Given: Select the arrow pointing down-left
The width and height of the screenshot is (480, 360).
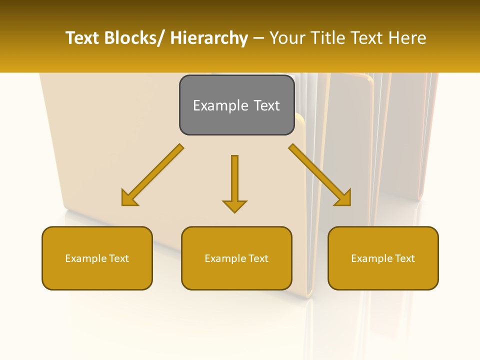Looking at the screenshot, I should (152, 175).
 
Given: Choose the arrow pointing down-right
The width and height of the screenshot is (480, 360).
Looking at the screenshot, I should (320, 175).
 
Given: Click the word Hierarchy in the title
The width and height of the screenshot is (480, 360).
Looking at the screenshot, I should (209, 38).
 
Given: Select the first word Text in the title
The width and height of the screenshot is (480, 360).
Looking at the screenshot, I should (83, 38).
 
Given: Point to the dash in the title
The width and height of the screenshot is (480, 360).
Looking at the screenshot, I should (258, 38).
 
